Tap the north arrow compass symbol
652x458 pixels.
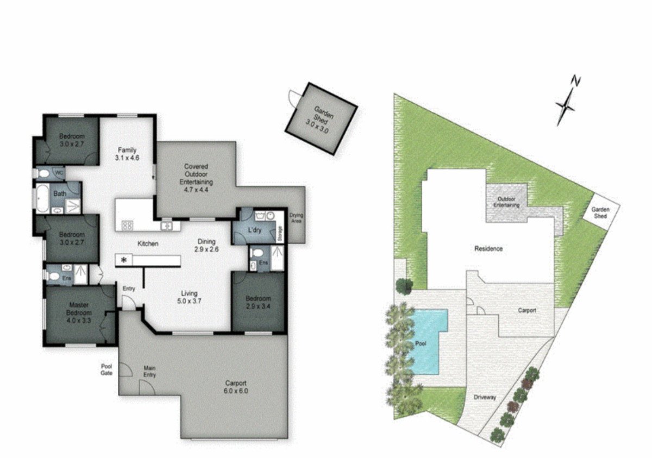tap(567, 104)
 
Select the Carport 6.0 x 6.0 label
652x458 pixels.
tap(235, 386)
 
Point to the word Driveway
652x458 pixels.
tap(485, 397)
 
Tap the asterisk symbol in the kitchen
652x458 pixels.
tap(124, 261)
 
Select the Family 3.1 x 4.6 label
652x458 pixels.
tap(128, 154)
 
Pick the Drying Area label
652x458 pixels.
tap(296, 218)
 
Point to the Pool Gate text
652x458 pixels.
tap(106, 369)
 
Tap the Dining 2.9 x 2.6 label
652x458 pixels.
tap(206, 246)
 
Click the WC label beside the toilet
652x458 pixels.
tap(58, 172)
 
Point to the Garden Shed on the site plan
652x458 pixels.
tap(601, 212)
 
